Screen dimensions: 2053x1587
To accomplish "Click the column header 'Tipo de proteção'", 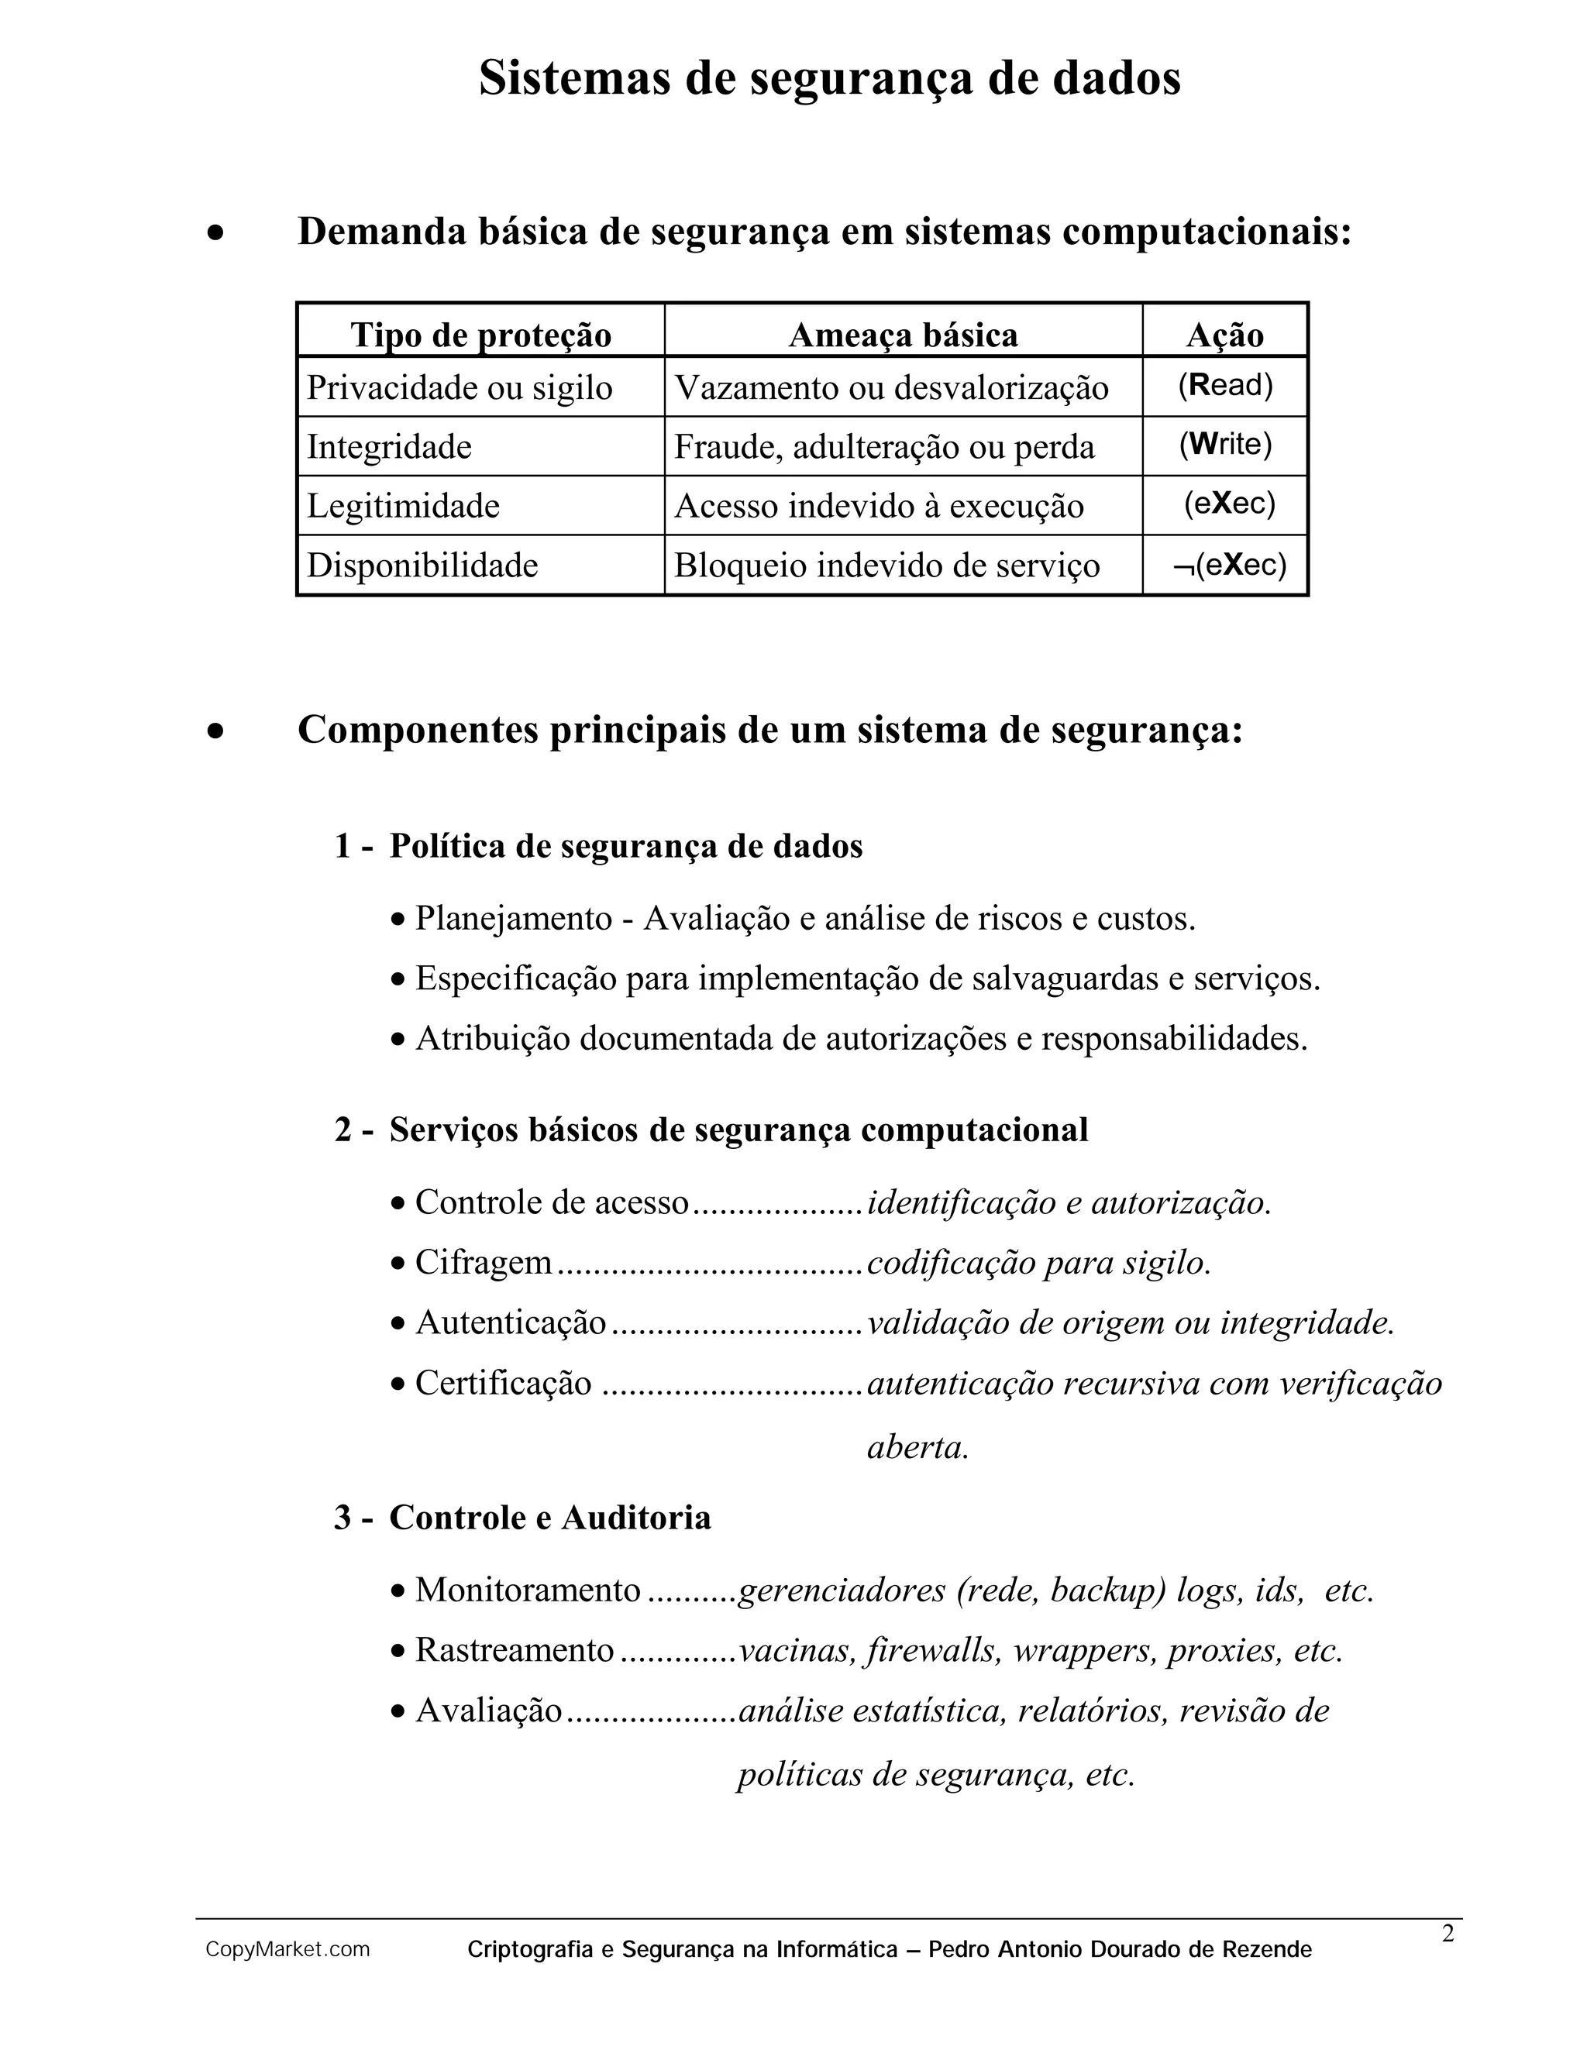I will (x=480, y=335).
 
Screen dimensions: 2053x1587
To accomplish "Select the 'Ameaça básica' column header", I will (x=903, y=335).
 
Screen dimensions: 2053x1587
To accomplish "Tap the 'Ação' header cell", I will (x=1224, y=335).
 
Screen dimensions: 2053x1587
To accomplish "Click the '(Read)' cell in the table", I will (x=1225, y=385).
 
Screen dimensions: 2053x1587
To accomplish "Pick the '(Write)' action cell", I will (x=1225, y=445).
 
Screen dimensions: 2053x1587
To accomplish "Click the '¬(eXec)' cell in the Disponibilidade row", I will (x=1229, y=565).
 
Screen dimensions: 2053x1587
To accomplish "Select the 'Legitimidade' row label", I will (x=403, y=506).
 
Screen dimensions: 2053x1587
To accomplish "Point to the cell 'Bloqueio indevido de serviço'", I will (x=886, y=565).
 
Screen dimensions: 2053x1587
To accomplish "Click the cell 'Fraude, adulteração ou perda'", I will (x=883, y=446).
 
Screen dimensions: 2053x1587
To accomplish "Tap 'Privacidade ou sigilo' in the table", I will (x=460, y=387).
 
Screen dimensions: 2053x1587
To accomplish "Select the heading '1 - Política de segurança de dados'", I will (x=599, y=846).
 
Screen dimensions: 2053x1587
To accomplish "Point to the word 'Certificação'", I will (x=503, y=1383).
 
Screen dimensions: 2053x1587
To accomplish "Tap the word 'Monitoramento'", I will (x=528, y=1590).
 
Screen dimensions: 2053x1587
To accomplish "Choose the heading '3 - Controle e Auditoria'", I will (x=523, y=1517).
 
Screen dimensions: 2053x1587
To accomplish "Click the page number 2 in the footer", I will (x=1448, y=1934).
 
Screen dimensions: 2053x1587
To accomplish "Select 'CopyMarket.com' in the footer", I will (x=287, y=1950).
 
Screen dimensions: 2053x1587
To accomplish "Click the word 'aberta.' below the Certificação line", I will (x=917, y=1446).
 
